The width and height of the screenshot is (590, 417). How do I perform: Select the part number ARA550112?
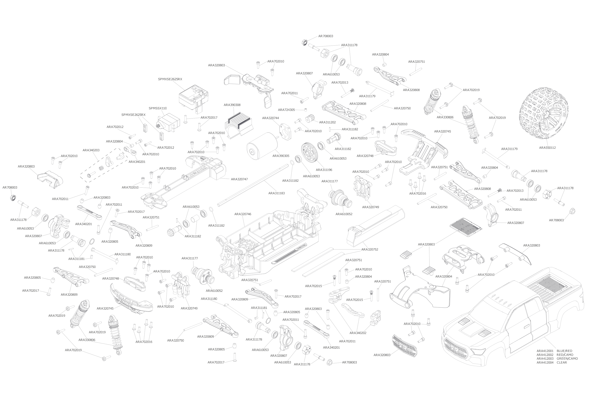547,148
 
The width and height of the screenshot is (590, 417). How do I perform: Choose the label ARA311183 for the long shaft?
276,193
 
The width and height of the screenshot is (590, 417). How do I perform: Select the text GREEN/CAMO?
567,359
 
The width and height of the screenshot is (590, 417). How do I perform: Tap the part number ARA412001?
545,351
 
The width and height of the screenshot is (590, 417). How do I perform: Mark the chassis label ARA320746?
243,214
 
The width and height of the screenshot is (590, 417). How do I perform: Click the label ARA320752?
370,250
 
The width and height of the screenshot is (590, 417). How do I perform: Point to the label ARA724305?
286,110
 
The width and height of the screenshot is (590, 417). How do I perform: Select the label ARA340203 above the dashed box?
91,150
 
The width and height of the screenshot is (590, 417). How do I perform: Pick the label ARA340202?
358,333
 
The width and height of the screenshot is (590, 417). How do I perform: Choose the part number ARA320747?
239,179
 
